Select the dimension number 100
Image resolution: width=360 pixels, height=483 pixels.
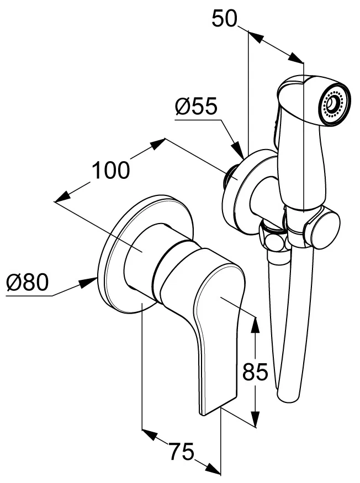coord(111,170)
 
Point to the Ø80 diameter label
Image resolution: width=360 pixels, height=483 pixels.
coord(28,284)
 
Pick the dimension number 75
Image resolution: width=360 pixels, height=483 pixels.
coord(183,453)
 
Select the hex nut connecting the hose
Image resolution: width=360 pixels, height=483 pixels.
coord(272,240)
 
